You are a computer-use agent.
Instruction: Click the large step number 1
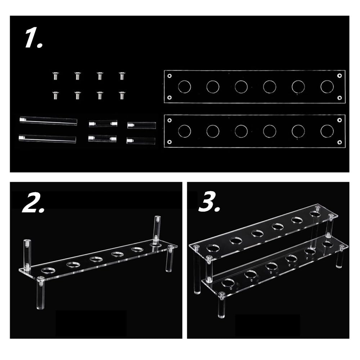coord(33,38)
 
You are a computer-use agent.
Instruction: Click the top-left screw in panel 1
coord(55,76)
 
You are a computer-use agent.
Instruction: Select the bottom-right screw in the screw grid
coord(122,95)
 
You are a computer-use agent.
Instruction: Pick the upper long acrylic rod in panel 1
coord(49,120)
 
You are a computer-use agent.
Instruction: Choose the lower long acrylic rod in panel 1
coord(48,139)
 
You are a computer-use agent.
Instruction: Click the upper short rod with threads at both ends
coord(103,123)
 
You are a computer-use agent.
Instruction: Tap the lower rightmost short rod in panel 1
coord(141,140)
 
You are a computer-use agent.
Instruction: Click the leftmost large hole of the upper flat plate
coord(184,87)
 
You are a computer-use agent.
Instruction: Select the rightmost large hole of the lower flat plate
coord(327,131)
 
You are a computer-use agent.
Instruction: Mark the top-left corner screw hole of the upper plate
coord(170,76)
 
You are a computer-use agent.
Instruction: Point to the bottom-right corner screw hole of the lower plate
coord(339,142)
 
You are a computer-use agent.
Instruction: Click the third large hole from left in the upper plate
coord(241,87)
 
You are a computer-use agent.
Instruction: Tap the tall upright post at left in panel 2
coord(27,255)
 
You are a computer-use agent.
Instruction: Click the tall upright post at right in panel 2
coord(157,230)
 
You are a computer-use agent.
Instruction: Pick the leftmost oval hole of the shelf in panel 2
coord(49,270)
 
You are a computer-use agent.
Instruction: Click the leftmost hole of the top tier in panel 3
coord(213,248)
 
